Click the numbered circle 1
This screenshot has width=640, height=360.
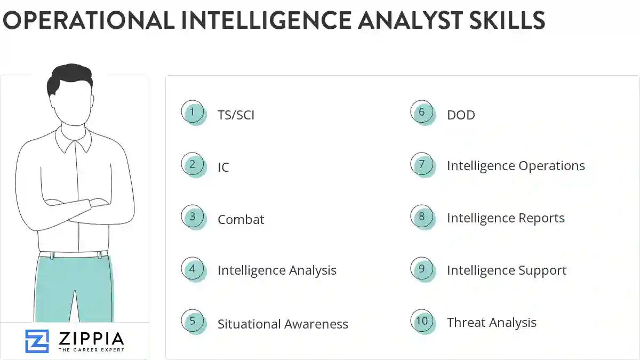[x=193, y=113]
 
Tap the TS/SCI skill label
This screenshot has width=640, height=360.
[x=236, y=115]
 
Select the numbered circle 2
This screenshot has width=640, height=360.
[x=193, y=165]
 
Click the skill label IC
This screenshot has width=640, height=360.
[x=223, y=167]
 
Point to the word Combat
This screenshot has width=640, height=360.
[x=241, y=220]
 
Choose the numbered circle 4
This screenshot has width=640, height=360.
[x=193, y=269]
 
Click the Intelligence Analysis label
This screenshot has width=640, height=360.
[x=277, y=271]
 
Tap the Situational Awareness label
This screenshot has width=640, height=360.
[x=283, y=324]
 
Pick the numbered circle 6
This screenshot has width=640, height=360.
[x=422, y=113]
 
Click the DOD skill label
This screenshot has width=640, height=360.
[x=461, y=115]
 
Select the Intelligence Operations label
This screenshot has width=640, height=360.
[x=516, y=166]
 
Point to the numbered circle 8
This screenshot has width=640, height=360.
[x=422, y=217]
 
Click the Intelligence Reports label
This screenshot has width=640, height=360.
[x=506, y=218]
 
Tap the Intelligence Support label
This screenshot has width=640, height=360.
[x=507, y=270]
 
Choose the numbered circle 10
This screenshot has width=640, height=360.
[x=422, y=321]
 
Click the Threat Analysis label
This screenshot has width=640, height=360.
[x=492, y=323]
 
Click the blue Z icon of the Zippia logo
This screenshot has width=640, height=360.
[x=37, y=341]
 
